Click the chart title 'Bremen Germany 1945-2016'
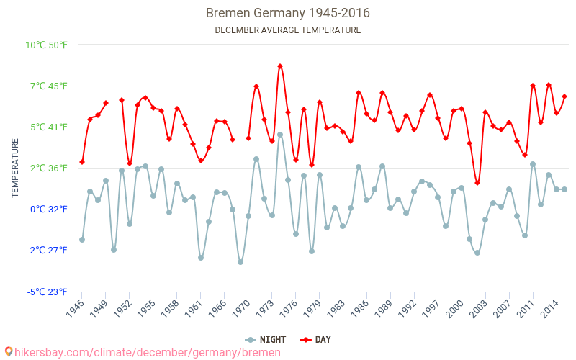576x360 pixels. pos(288,13)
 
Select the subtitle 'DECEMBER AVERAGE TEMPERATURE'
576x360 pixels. pos(288,30)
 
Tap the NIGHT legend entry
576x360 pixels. pos(261,340)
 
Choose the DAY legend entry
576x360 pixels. pos(315,340)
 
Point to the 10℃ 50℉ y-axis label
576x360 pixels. pos(47,45)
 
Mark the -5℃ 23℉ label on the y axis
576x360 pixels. pos(47,292)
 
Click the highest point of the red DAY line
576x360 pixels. pos(280,66)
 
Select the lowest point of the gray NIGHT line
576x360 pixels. pos(240,262)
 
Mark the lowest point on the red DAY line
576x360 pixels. pos(477,183)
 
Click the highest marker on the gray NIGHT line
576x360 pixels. pos(280,135)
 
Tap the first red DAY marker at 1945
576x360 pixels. pos(82,162)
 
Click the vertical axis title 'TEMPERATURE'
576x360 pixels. pos(15,168)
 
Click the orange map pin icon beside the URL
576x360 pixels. pos(8,352)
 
